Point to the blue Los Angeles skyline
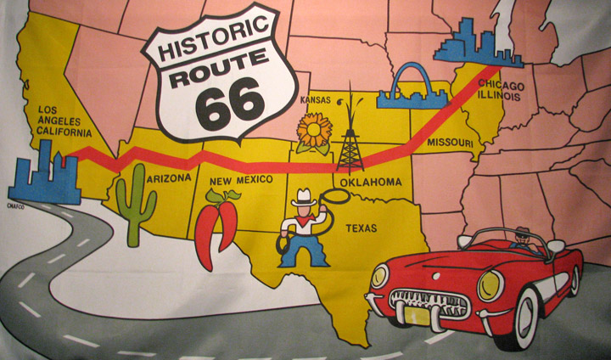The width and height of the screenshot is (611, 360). (43, 179)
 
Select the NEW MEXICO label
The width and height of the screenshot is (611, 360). (243, 180)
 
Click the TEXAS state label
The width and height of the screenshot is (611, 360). (364, 227)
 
